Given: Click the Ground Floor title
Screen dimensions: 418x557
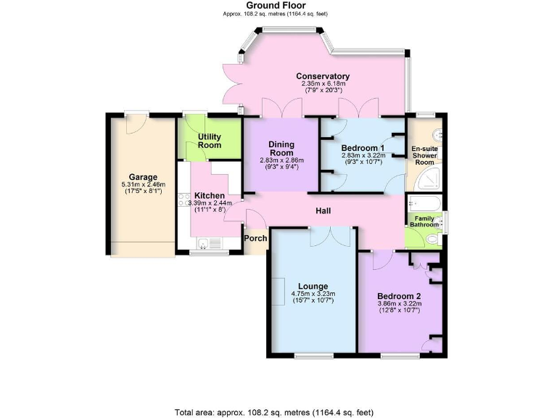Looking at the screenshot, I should [278, 5].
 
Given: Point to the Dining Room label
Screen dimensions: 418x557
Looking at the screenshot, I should [281, 148].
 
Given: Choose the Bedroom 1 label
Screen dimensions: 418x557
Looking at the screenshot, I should [363, 148].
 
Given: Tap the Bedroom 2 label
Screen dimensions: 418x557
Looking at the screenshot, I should [399, 296].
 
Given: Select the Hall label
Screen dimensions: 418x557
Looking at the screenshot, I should [323, 210].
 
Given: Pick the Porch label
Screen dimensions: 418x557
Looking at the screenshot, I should [255, 237].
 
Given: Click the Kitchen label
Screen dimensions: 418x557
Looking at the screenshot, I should [209, 196].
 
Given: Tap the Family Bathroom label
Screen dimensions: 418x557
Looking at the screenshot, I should [424, 221].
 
